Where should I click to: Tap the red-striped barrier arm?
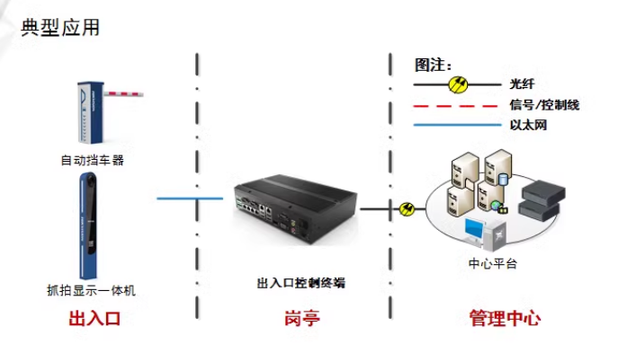pyautogui.click(x=125, y=92)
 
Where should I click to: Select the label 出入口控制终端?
pyautogui.click(x=300, y=282)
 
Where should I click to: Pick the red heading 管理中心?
pyautogui.click(x=504, y=319)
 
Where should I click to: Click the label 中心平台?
pyautogui.click(x=493, y=264)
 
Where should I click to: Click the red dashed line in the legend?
pyautogui.click(x=453, y=105)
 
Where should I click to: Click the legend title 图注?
pyautogui.click(x=432, y=65)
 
